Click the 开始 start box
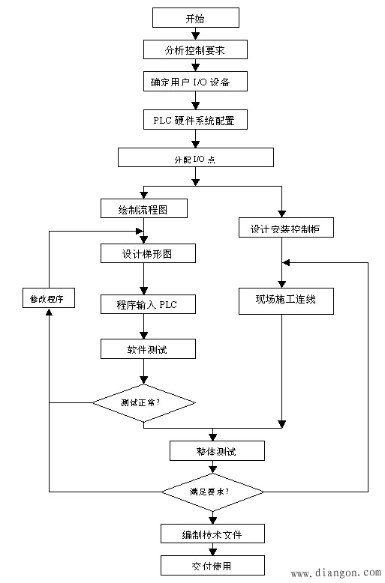[195, 17]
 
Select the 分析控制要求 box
[195, 49]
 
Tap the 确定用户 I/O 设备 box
[195, 80]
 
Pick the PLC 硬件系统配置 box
[195, 119]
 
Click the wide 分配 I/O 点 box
[195, 157]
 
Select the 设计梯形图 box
[148, 253]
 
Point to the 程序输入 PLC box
[148, 303]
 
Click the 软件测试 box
[148, 348]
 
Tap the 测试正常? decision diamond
[144, 403]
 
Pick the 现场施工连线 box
[286, 300]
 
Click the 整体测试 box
[217, 450]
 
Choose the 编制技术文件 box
[213, 533]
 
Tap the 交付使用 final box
[213, 564]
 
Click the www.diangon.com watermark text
[335, 574]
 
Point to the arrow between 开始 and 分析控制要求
[195, 33]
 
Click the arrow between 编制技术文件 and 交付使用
[213, 549]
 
